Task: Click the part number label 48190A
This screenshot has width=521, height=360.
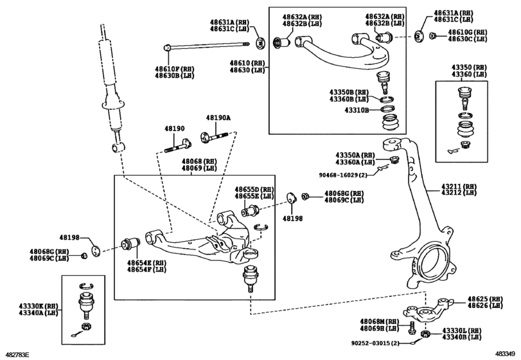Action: click(x=218, y=118)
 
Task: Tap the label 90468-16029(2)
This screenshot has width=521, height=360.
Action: click(x=344, y=174)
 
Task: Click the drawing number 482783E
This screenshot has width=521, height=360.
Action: click(x=17, y=354)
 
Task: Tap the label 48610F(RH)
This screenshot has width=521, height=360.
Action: click(x=173, y=68)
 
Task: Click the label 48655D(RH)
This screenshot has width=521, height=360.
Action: click(x=254, y=190)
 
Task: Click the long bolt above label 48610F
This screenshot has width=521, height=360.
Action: click(x=206, y=46)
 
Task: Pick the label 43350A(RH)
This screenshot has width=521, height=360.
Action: click(x=355, y=155)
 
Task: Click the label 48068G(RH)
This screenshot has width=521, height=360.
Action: click(x=344, y=193)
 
